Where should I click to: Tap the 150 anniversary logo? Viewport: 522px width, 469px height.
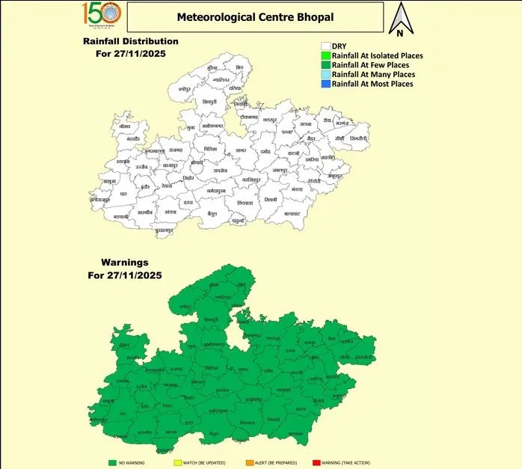tap(101, 16)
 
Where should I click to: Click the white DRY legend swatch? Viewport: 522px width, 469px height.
tap(326, 46)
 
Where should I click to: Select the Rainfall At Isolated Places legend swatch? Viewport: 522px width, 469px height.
tap(326, 55)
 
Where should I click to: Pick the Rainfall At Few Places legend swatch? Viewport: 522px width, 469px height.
tap(326, 65)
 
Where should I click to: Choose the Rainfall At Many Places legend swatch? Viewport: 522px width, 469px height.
tap(326, 75)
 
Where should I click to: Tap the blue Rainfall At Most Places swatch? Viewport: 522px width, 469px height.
tap(326, 84)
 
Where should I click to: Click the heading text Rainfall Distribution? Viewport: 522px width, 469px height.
tap(132, 41)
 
